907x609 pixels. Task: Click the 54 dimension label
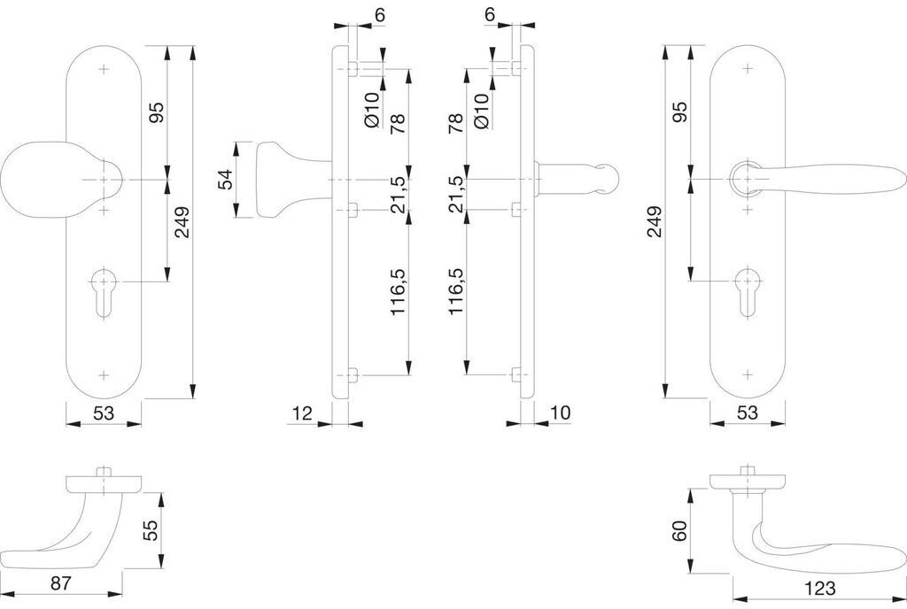(226, 179)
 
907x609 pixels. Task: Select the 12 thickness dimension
(301, 412)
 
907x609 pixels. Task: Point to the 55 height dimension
(151, 530)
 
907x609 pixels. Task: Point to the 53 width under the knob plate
(103, 412)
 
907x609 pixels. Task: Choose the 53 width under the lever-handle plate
(748, 412)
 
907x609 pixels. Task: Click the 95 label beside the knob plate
(156, 113)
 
